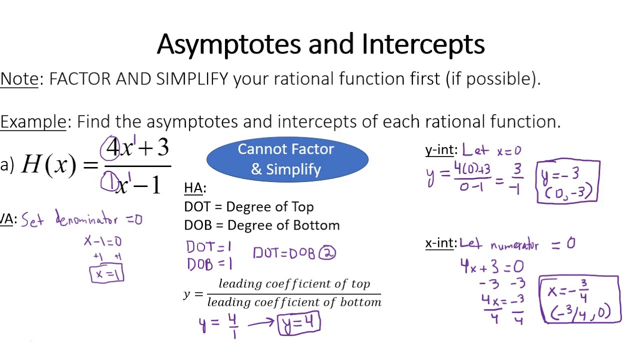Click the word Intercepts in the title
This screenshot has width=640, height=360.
(423, 44)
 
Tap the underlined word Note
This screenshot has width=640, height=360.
(19, 79)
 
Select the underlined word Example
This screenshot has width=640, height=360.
(33, 121)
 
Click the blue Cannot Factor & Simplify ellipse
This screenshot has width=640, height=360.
(287, 159)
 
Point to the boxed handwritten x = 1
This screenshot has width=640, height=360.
(106, 274)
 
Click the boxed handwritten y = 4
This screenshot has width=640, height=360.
(298, 322)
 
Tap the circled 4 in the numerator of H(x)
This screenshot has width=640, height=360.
(111, 148)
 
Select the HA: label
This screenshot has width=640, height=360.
(194, 188)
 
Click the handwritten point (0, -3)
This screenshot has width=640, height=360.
(567, 191)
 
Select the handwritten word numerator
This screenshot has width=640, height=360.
(514, 245)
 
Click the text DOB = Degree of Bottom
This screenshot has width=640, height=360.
(261, 225)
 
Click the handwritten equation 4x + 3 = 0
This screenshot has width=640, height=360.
(491, 266)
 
